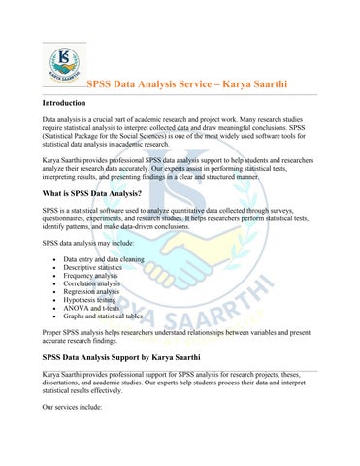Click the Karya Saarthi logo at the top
pyautogui.click(x=63, y=64)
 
